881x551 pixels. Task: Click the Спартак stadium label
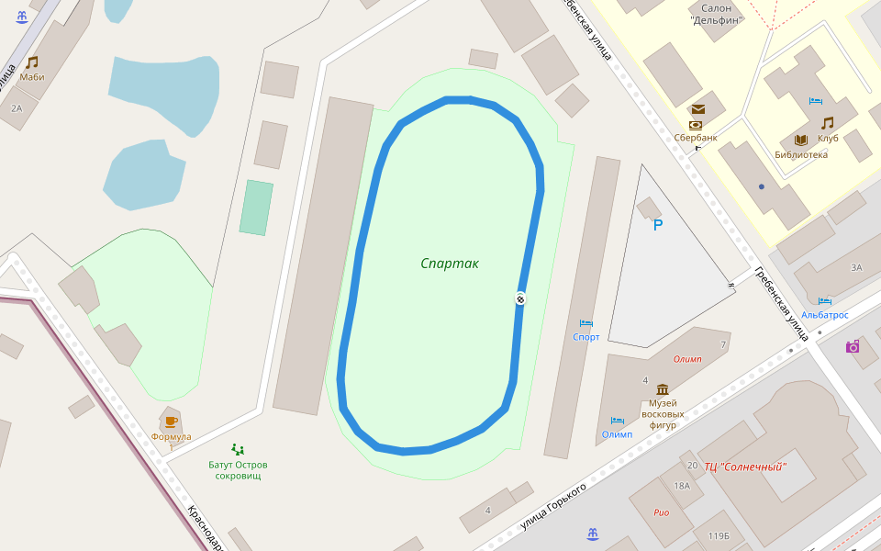click(450, 264)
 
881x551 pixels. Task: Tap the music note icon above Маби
click(32, 62)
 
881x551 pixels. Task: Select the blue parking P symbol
click(657, 225)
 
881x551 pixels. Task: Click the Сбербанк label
click(696, 138)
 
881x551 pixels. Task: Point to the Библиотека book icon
click(800, 140)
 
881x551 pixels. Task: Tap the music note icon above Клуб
click(828, 122)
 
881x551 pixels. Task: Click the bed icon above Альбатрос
click(824, 300)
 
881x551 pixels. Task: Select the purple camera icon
click(853, 346)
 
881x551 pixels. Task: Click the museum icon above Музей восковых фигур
click(663, 389)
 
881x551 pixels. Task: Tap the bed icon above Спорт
click(585, 323)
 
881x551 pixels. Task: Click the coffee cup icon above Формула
click(171, 422)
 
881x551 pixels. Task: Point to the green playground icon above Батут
click(238, 449)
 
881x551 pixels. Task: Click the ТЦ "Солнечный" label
click(745, 467)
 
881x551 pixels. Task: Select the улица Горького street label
click(552, 507)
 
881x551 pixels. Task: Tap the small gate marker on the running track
click(520, 298)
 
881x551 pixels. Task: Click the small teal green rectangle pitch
click(256, 208)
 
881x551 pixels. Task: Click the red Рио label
click(662, 512)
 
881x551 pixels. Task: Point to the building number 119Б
click(719, 535)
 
